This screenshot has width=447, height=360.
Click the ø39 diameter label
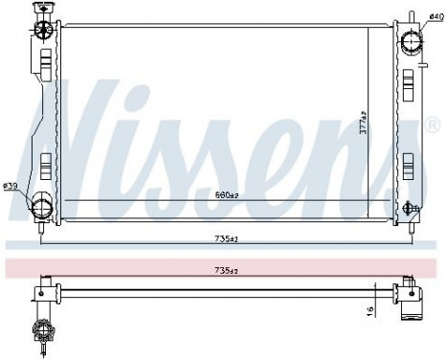11,185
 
